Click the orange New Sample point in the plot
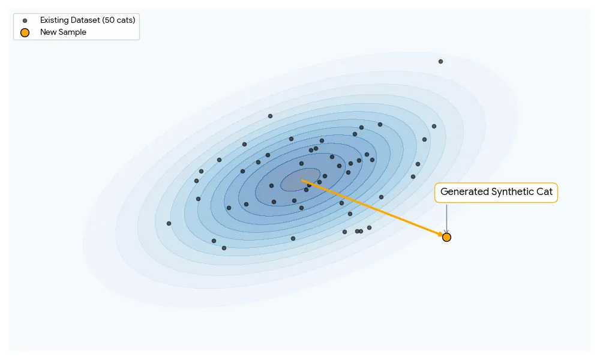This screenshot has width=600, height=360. pyautogui.click(x=446, y=237)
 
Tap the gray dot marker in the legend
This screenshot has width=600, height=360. pyautogui.click(x=25, y=20)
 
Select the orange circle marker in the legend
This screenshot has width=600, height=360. pyautogui.click(x=25, y=32)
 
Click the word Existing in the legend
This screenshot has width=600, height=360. pyautogui.click(x=53, y=20)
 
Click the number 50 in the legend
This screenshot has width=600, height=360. pyautogui.click(x=109, y=20)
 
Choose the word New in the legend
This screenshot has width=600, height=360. pyautogui.click(x=47, y=32)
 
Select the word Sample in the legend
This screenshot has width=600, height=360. pyautogui.click(x=72, y=32)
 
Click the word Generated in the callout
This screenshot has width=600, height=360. pyautogui.click(x=464, y=192)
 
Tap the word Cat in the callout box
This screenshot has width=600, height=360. pyautogui.click(x=544, y=192)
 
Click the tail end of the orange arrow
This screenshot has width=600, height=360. pyautogui.click(x=302, y=180)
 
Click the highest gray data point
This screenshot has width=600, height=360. pyautogui.click(x=440, y=61)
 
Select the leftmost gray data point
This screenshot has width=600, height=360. pyautogui.click(x=169, y=223)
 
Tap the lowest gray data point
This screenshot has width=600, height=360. pyautogui.click(x=224, y=248)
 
